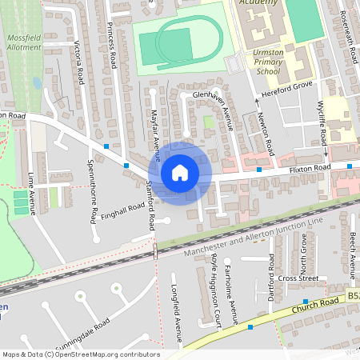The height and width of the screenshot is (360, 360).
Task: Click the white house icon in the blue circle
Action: coord(180,172)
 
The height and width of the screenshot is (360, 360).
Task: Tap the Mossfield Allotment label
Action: coord(22,42)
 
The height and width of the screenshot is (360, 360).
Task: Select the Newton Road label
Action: coord(266,134)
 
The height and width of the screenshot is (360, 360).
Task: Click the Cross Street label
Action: coord(299,278)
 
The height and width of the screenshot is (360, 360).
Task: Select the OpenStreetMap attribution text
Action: coord(80,354)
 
